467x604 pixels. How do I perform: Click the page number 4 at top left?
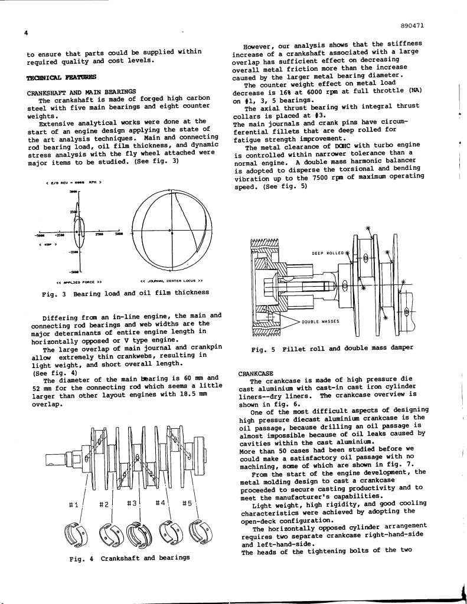(26, 32)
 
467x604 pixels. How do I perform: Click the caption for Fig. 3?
(125, 292)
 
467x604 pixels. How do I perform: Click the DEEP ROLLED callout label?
(328, 253)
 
